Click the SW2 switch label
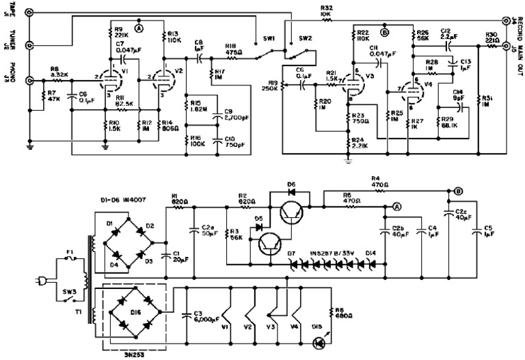[x=304, y=39]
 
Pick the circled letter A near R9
[x=139, y=29]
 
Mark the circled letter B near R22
[x=384, y=31]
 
